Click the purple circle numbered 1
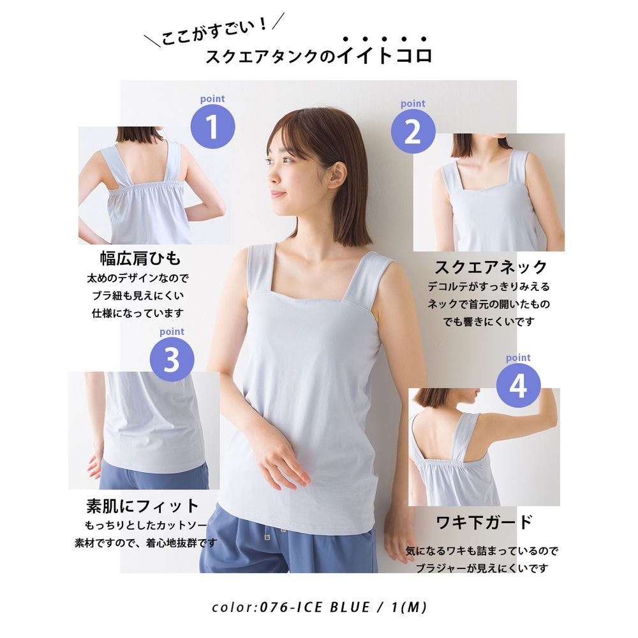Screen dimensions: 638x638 213,126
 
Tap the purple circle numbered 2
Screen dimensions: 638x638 413,131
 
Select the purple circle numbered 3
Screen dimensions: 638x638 172,359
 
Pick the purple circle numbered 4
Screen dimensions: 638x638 518,385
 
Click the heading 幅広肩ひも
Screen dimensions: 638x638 140,258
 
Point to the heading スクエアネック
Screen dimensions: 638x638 491,267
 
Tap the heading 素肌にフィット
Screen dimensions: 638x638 142,506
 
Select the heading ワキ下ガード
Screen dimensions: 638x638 484,523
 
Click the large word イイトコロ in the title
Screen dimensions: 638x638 385,55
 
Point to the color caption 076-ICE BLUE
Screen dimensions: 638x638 315,607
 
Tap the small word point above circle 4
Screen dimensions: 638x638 518,358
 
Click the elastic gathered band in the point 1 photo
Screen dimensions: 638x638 147,187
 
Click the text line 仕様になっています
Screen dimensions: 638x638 138,313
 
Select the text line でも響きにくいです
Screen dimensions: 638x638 488,322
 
